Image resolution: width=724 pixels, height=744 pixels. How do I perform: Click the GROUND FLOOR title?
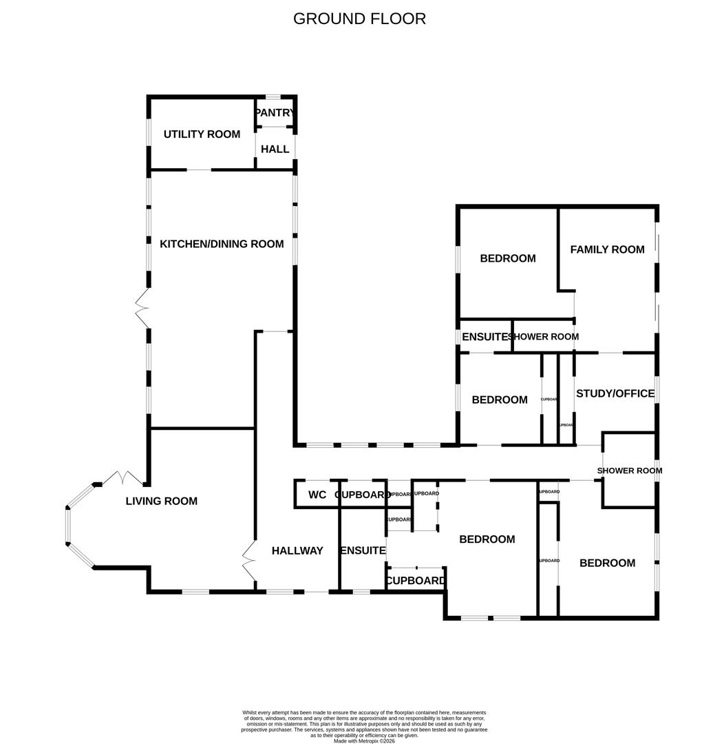pyautogui.click(x=359, y=19)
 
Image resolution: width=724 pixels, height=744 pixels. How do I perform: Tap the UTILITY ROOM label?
pyautogui.click(x=202, y=134)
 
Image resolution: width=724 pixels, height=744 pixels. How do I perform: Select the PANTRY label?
pyautogui.click(x=275, y=113)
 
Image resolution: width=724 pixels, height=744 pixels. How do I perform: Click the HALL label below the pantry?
pyautogui.click(x=275, y=149)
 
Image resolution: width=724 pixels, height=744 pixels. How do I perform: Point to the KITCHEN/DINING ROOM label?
pyautogui.click(x=222, y=244)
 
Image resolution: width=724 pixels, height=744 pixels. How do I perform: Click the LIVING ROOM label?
pyautogui.click(x=161, y=502)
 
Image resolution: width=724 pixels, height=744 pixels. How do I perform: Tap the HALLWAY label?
pyautogui.click(x=297, y=551)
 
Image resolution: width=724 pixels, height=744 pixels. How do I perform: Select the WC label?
pyautogui.click(x=317, y=495)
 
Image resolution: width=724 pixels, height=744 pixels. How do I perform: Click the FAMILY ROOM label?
pyautogui.click(x=607, y=249)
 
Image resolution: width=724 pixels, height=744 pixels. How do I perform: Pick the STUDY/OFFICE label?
pyautogui.click(x=615, y=394)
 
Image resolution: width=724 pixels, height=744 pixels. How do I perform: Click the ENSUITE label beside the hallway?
pyautogui.click(x=363, y=551)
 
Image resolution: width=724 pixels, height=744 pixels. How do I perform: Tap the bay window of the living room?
pyautogui.click(x=69, y=526)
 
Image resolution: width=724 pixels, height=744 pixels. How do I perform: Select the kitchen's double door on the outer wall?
pyautogui.click(x=142, y=308)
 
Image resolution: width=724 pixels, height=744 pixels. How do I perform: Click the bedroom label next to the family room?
pyautogui.click(x=507, y=258)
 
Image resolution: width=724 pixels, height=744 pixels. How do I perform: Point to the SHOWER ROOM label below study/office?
pyautogui.click(x=629, y=471)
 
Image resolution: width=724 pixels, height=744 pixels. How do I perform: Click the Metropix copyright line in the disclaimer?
pyautogui.click(x=364, y=741)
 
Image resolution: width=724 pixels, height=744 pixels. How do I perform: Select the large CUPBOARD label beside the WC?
pyautogui.click(x=363, y=495)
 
